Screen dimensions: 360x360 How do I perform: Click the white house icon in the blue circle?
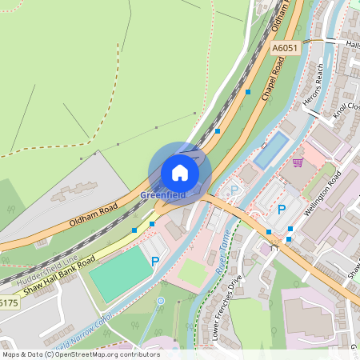point(180,172)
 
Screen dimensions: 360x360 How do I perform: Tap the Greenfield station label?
point(162,194)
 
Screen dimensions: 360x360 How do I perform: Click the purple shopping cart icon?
point(298,162)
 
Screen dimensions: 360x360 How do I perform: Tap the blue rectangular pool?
point(270,150)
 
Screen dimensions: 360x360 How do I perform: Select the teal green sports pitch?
point(120,273)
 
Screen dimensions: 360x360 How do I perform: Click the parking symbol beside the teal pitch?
point(155,261)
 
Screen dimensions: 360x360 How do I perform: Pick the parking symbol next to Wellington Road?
point(281,209)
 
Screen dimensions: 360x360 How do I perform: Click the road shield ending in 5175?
point(7,303)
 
